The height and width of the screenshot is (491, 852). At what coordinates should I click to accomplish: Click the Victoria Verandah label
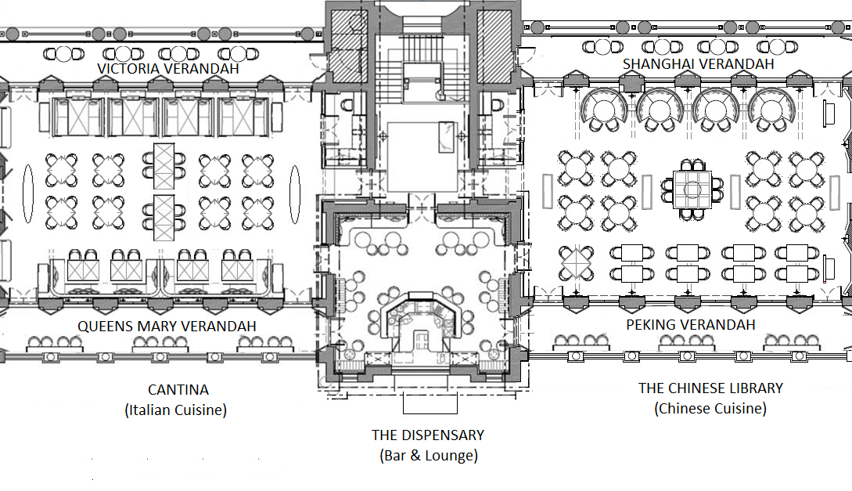pos(168,68)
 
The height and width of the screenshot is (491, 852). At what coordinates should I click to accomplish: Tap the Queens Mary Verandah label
pos(167,327)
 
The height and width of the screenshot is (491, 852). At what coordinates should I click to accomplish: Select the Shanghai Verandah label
pos(698,63)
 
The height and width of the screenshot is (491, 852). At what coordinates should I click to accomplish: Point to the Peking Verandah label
pos(691,325)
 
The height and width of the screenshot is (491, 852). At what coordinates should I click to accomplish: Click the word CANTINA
pos(178,389)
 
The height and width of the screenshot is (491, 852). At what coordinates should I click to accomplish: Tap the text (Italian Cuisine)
pos(175,410)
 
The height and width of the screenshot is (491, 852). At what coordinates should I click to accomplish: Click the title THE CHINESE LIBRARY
pos(710,388)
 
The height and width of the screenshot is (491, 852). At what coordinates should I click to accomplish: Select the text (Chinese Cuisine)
pos(710,408)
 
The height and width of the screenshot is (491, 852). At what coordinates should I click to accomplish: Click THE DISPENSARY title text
pos(428,435)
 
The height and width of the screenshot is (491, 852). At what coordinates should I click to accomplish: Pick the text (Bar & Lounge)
pos(429,455)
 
